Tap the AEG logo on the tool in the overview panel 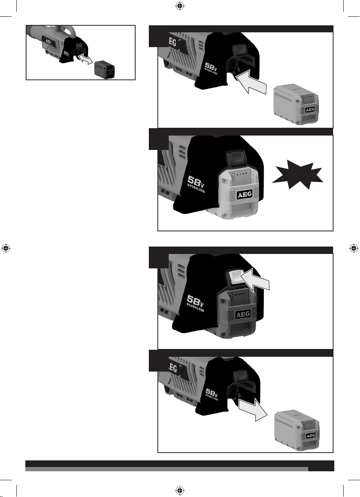click(x=48, y=41)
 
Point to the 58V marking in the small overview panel click(x=67, y=54)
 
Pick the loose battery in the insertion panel click(x=296, y=104)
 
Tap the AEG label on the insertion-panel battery click(x=310, y=109)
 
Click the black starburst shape click(x=297, y=175)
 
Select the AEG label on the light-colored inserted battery click(x=245, y=195)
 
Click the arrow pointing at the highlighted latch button click(x=255, y=280)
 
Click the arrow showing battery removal click(x=252, y=409)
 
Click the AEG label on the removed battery click(x=311, y=435)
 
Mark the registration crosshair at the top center click(x=180, y=6)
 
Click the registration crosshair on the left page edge click(x=6, y=248)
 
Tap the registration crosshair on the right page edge click(x=354, y=248)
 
